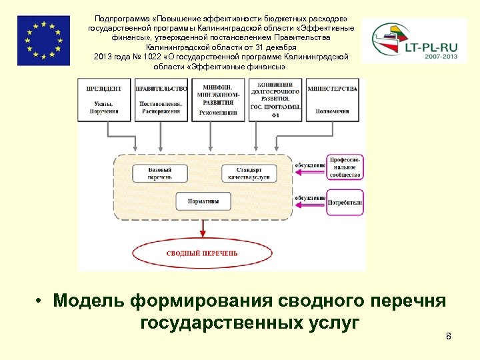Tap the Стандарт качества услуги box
(x=248, y=173)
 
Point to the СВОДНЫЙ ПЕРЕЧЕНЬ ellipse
(x=202, y=253)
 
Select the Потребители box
(x=345, y=201)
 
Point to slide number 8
(x=449, y=337)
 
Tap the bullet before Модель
(x=41, y=301)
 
